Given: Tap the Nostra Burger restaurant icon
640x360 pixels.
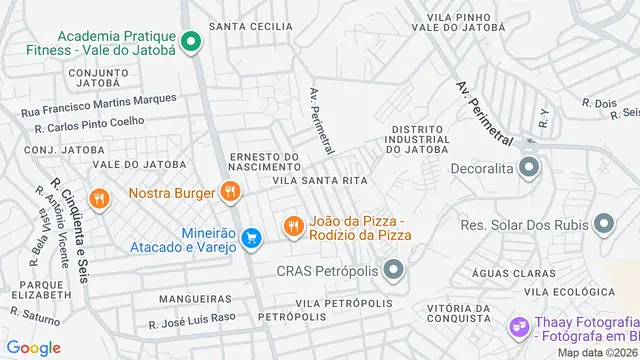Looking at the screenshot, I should pyautogui.click(x=230, y=191).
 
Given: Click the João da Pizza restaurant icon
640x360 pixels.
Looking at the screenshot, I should pyautogui.click(x=292, y=227).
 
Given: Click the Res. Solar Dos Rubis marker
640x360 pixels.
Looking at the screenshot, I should pyautogui.click(x=604, y=224).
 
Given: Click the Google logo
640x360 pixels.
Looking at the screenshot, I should pyautogui.click(x=33, y=347).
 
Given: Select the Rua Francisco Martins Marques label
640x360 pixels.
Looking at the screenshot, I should pyautogui.click(x=98, y=104).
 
